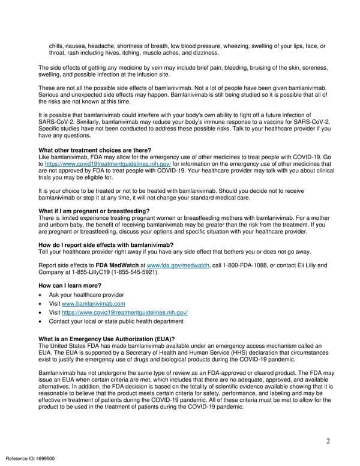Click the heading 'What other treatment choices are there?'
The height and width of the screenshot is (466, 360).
pyautogui.click(x=94, y=150)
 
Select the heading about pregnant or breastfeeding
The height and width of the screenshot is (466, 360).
pyautogui.click(x=94, y=211)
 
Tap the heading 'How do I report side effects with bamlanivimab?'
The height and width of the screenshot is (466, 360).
pyautogui.click(x=106, y=245)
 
